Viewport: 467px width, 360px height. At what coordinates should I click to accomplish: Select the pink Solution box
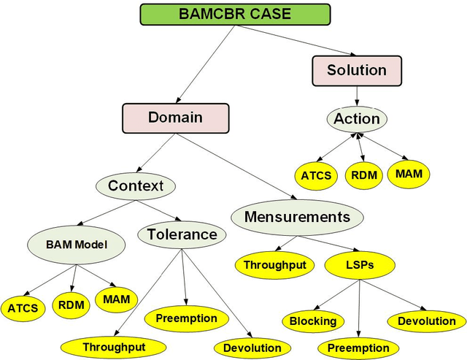[356, 71]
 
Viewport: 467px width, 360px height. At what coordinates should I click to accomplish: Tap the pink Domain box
[175, 117]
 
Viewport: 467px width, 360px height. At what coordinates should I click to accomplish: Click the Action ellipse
[356, 118]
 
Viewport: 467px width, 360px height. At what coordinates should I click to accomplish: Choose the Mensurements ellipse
[297, 217]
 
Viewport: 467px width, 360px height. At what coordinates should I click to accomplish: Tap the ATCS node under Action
[316, 175]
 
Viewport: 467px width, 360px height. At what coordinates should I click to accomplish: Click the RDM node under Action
[363, 176]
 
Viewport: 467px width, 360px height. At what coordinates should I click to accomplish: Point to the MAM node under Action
[408, 174]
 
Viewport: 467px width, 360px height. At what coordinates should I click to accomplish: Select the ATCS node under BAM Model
[23, 307]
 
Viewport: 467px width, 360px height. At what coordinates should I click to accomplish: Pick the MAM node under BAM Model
[115, 299]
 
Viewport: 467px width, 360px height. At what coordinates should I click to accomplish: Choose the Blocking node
[312, 321]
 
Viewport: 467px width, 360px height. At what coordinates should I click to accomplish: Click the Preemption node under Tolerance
[186, 318]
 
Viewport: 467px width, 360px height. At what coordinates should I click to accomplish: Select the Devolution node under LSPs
[426, 321]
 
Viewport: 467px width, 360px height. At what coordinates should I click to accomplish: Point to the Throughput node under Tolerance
[113, 347]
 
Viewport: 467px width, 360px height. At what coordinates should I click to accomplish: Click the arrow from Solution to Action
[356, 94]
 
